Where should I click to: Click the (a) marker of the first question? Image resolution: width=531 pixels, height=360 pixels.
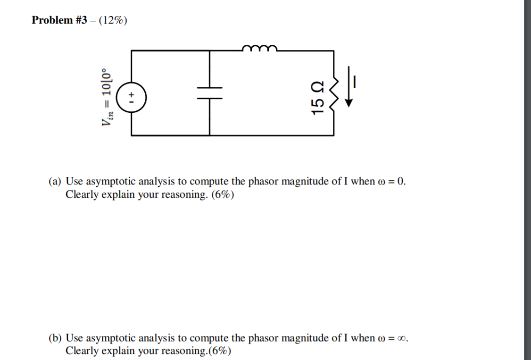[x=56, y=182]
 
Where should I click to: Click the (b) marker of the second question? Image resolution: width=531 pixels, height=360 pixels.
[x=56, y=338]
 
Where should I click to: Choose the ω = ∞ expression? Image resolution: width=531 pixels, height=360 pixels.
[x=393, y=338]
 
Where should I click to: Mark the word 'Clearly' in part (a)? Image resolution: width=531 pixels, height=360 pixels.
[x=81, y=194]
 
